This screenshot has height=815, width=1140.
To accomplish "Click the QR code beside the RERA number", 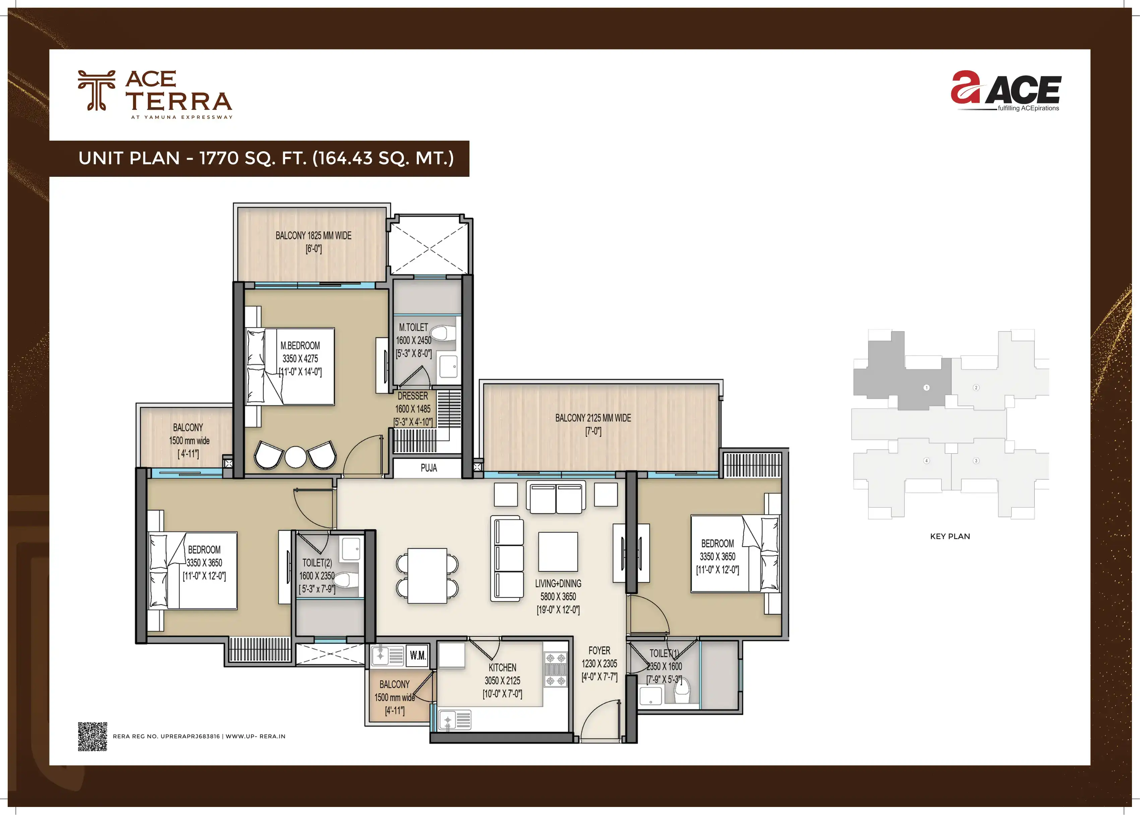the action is (x=92, y=736).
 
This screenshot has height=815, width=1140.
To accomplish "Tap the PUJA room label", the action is (x=428, y=468).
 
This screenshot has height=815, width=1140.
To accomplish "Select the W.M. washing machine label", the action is (x=417, y=655).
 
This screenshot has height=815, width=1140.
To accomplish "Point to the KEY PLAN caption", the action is (x=950, y=536).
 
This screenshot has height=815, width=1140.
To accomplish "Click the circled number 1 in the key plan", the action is (x=927, y=387).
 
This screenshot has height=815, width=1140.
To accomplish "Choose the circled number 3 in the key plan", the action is (x=976, y=461).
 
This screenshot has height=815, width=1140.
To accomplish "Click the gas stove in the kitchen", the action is (x=556, y=669).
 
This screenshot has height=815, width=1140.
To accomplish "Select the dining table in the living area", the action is (x=427, y=576).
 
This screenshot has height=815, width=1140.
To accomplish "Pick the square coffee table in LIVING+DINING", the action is (x=558, y=551).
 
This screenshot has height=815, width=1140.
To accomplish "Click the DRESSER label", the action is (x=413, y=396).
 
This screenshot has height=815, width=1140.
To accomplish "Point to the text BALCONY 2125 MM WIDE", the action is (x=593, y=418).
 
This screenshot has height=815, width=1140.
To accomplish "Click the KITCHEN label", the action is (x=502, y=667).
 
